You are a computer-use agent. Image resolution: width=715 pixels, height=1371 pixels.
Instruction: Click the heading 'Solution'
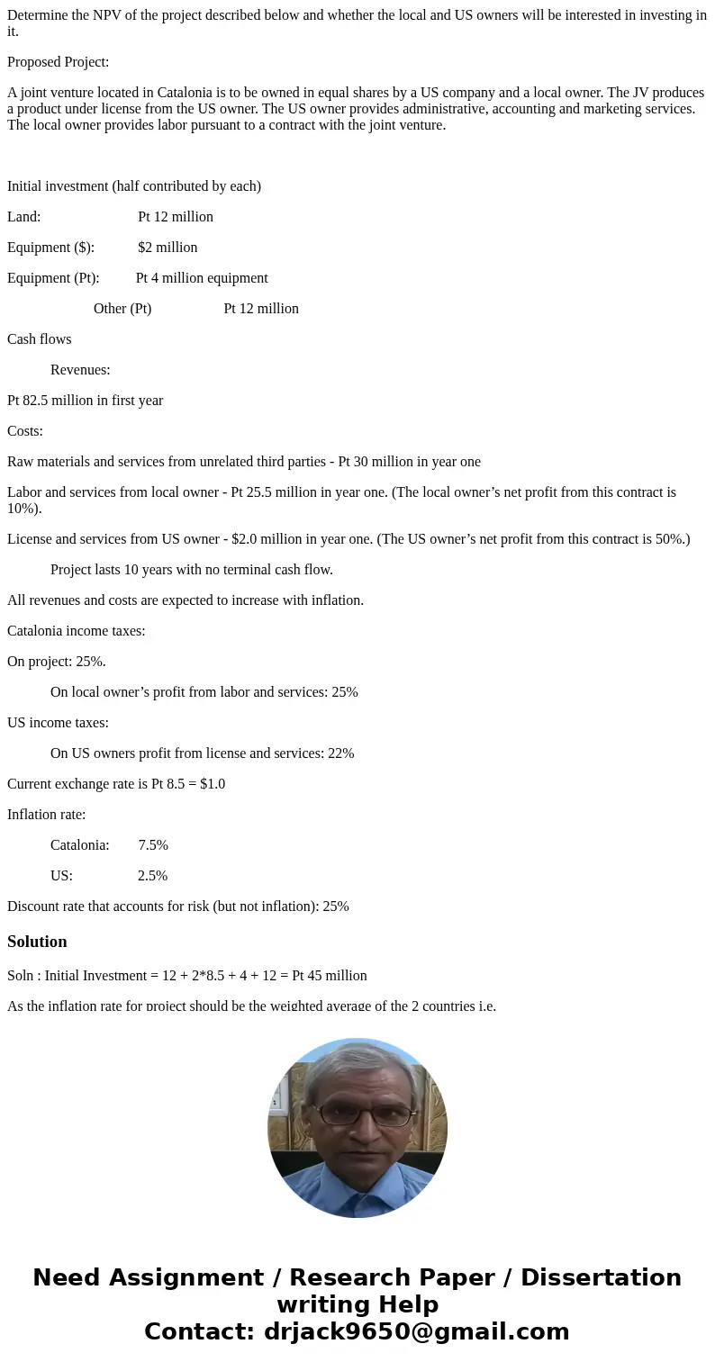pos(37,942)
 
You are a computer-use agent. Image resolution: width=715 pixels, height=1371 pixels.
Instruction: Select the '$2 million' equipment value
pos(167,248)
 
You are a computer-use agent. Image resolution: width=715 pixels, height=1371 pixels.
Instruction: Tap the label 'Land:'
pos(24,217)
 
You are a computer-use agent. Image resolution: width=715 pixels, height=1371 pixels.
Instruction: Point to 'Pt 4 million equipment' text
pos(202,278)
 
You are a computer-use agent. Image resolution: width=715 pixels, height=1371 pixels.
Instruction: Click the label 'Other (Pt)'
pos(122,309)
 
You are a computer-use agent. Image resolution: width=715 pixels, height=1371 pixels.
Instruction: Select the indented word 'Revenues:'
pos(80,370)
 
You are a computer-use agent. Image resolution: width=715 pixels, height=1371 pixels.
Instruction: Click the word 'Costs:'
pos(25,431)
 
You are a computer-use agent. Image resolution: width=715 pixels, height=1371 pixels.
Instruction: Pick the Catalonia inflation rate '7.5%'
pos(153,845)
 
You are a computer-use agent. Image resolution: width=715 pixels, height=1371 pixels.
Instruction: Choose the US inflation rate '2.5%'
pos(152,876)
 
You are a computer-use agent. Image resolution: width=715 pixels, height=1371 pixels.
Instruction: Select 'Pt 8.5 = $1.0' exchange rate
pos(188,784)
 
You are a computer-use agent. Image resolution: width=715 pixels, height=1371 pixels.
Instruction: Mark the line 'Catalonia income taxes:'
pos(76,631)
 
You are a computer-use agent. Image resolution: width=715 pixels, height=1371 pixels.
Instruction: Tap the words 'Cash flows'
pos(39,339)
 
